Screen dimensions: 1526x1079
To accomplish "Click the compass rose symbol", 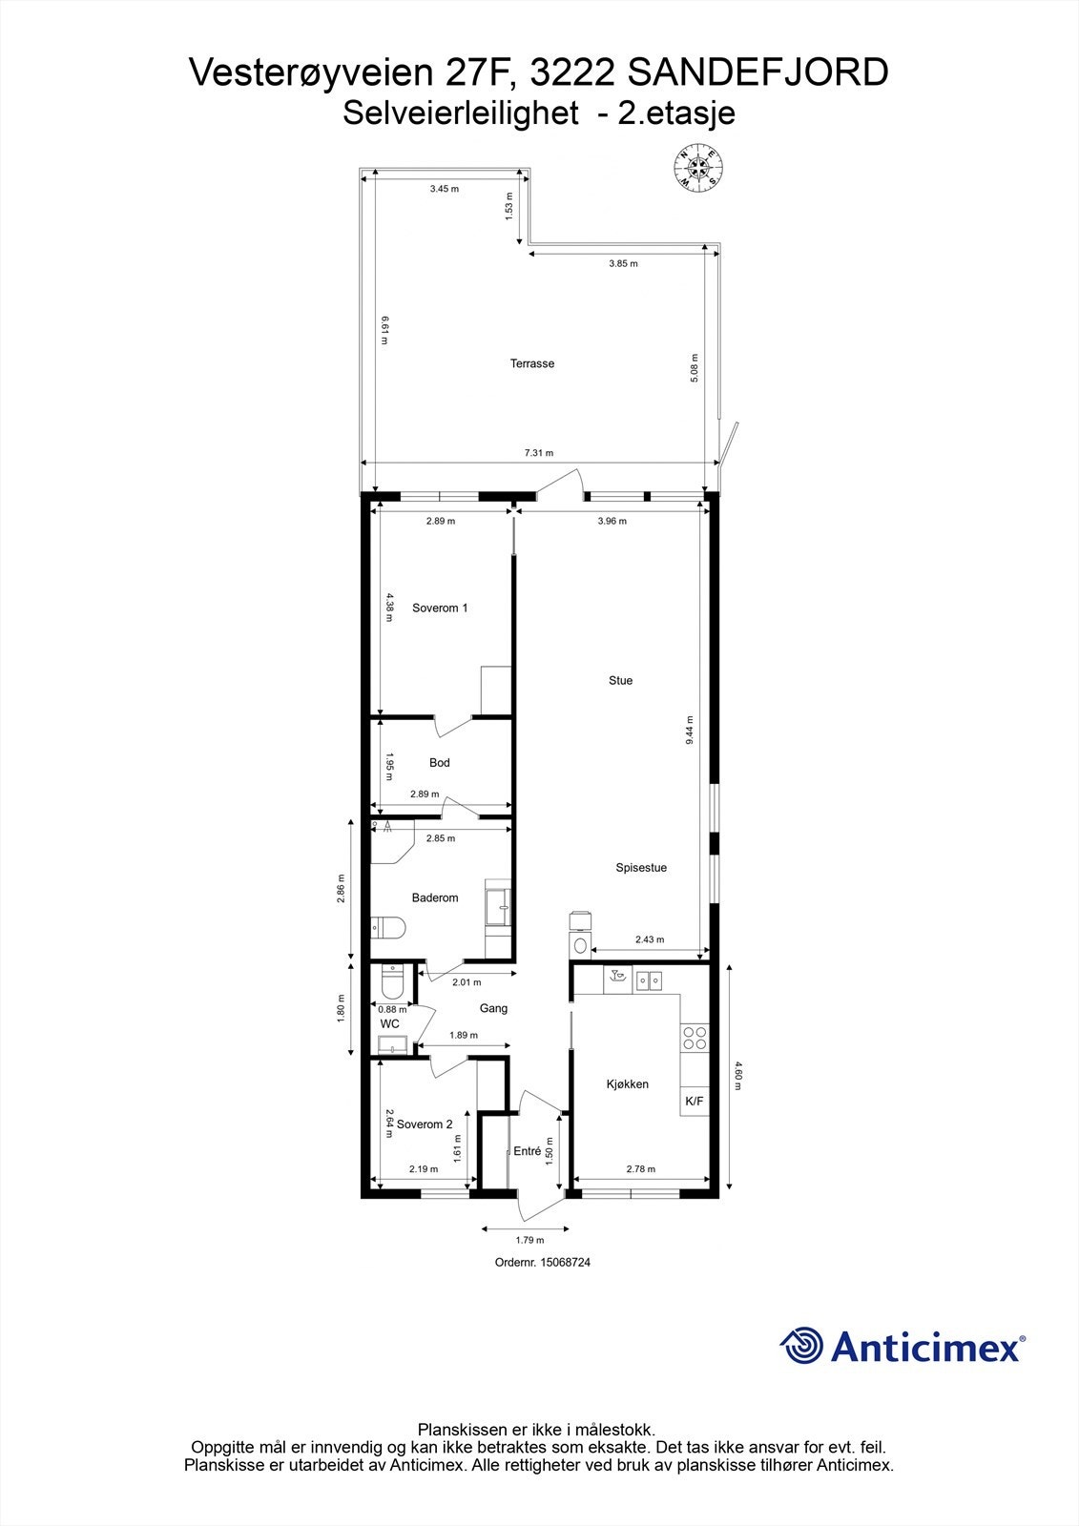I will [x=698, y=168].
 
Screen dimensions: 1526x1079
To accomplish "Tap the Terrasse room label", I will [x=531, y=363].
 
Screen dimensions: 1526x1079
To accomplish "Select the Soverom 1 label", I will [x=440, y=608].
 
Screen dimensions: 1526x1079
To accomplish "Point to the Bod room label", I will [x=439, y=762].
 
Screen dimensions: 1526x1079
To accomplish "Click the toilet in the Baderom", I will [x=389, y=926].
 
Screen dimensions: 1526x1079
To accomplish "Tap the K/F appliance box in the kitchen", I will [x=694, y=1102].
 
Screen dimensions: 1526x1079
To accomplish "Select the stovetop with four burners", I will [x=694, y=1038].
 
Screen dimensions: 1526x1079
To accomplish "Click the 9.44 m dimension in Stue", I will [x=690, y=730].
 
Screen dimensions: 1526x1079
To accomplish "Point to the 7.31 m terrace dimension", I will [x=539, y=453].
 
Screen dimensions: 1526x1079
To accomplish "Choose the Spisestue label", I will [x=640, y=868].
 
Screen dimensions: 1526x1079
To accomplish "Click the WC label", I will [x=389, y=1023].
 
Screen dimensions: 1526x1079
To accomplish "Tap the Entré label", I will [x=528, y=1151].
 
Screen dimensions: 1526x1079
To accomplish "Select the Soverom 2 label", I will [x=425, y=1124].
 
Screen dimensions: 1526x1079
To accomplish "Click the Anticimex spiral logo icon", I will [x=801, y=1346].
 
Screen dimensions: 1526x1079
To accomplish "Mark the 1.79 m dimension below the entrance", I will [x=529, y=1240].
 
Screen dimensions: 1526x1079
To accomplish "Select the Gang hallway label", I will [x=493, y=1008].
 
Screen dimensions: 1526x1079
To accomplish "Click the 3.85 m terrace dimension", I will [x=623, y=264].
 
